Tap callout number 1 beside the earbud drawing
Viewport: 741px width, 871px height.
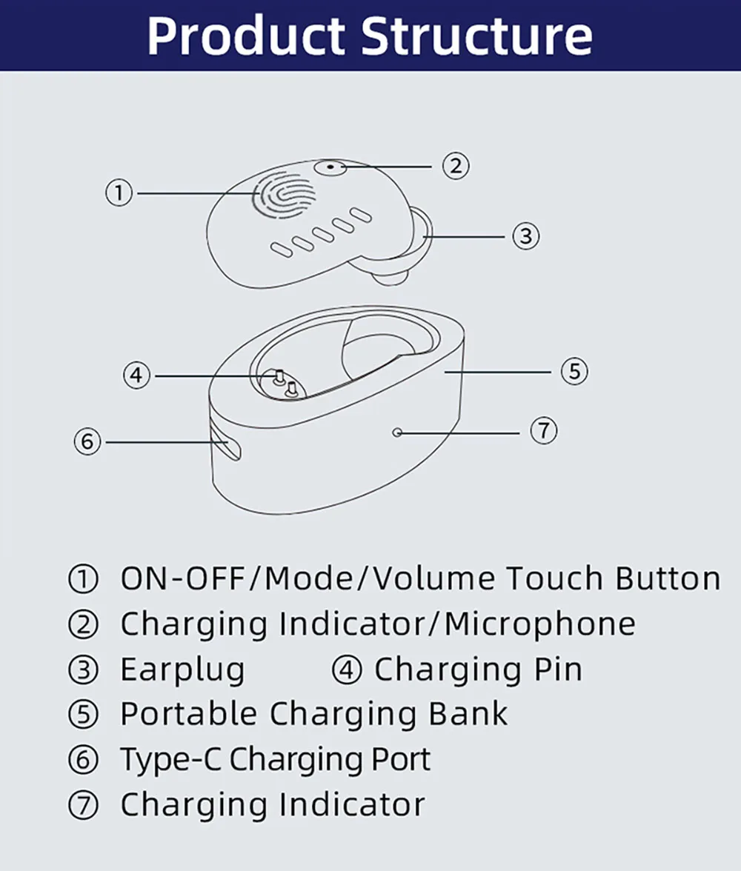click(119, 194)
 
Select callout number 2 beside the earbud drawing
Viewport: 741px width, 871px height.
click(456, 165)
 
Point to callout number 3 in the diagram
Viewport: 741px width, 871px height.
click(525, 236)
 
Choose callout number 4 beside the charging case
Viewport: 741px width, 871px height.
click(136, 376)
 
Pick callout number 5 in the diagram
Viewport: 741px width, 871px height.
click(574, 371)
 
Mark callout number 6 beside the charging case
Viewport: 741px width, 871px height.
click(87, 443)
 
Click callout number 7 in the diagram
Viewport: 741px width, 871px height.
click(544, 431)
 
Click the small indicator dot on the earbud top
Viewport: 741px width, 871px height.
click(330, 167)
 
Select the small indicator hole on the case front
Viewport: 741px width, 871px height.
click(398, 431)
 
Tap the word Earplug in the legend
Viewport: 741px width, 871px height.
click(182, 670)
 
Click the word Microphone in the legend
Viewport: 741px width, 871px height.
click(539, 624)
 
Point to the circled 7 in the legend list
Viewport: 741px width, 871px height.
click(83, 805)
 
